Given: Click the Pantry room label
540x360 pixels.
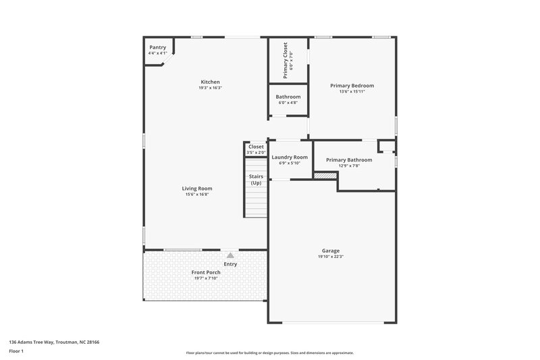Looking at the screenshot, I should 157,47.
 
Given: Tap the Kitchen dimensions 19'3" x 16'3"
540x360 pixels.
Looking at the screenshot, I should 210,88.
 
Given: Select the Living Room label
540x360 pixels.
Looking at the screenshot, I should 197,188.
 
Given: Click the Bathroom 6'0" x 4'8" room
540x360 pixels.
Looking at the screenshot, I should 288,100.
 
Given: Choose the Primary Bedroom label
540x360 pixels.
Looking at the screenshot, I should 352,86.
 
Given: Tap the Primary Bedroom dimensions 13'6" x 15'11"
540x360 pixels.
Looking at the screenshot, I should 352,92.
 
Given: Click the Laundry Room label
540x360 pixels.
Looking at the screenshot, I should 290,157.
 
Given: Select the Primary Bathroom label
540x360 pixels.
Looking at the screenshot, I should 349,160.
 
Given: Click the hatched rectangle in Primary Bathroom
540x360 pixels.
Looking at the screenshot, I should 325,175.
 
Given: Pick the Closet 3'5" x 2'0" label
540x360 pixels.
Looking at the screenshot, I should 256,147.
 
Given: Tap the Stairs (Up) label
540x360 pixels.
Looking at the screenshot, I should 256,180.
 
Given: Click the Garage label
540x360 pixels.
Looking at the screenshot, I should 330,251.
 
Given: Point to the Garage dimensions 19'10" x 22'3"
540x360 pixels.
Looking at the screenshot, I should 330,257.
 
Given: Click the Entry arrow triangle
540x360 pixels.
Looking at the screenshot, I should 230,255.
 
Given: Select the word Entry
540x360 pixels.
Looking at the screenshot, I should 230,264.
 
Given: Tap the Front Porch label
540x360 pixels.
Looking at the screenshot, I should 207,272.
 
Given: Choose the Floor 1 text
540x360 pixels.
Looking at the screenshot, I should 16,352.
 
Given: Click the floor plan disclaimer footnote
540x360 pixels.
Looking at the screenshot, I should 269,353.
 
